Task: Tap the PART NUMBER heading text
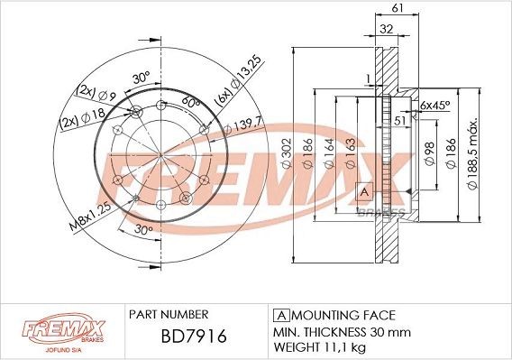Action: tap(169, 315)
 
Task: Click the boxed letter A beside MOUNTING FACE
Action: tap(279, 315)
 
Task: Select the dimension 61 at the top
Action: tap(397, 8)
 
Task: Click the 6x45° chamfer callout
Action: tap(434, 105)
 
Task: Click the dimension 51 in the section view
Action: tap(400, 118)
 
